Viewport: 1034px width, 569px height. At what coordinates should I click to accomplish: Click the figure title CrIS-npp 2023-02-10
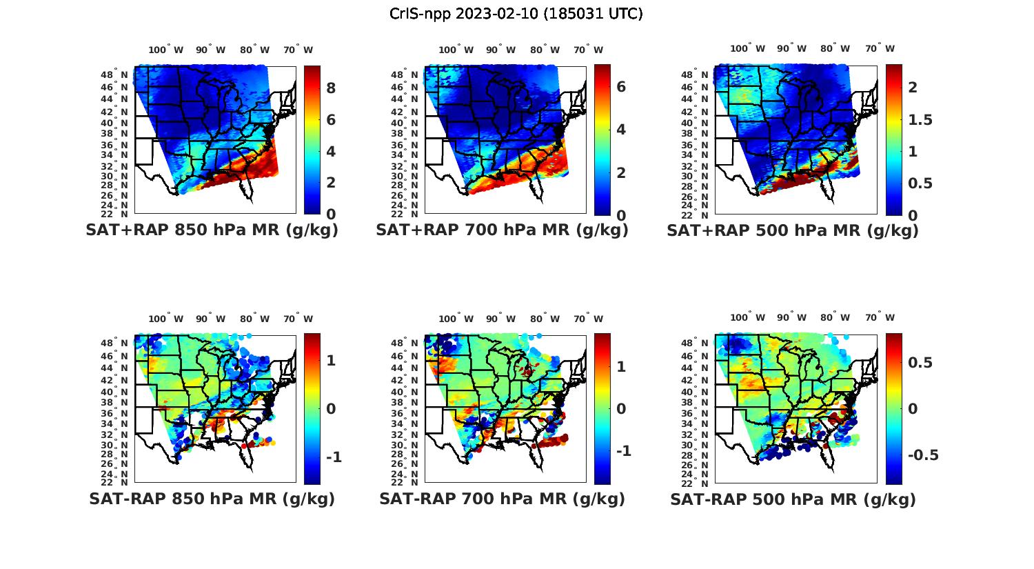[x=516, y=14]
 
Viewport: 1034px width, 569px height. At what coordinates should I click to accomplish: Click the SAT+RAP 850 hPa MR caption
[x=212, y=230]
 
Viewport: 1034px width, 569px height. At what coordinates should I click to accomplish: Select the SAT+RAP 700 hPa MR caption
[x=502, y=230]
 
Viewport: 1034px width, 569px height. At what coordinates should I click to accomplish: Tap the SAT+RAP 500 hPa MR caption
[x=793, y=230]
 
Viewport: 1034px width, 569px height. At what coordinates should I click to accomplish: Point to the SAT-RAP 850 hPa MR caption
[x=212, y=499]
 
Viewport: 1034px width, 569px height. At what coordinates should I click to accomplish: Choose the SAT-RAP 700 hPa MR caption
[x=502, y=499]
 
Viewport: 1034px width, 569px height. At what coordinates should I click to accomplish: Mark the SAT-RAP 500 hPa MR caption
[x=793, y=499]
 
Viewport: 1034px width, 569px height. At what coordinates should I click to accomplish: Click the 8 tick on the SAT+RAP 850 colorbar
[x=331, y=88]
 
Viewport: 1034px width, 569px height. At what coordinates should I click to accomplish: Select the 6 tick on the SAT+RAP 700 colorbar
[x=621, y=86]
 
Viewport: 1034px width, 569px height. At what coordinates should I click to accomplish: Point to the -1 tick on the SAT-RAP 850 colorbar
[x=334, y=457]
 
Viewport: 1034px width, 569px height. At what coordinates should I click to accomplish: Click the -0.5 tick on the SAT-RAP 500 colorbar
[x=923, y=455]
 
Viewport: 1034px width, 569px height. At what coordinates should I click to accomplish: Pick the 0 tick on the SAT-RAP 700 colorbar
[x=621, y=409]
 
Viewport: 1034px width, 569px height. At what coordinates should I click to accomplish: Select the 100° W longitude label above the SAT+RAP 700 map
[x=456, y=50]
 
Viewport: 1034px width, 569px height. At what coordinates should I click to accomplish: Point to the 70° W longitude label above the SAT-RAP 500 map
[x=880, y=318]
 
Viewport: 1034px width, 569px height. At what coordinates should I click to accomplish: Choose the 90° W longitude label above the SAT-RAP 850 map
[x=210, y=319]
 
